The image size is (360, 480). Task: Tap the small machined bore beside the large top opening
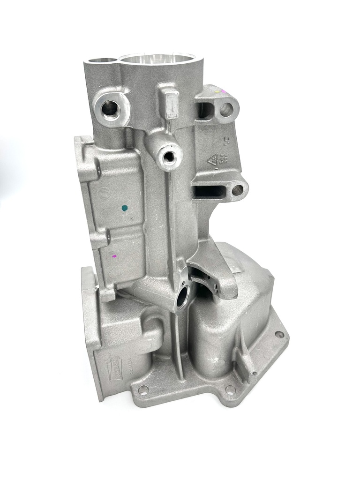click(103, 61)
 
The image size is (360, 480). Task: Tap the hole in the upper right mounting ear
click(226, 110)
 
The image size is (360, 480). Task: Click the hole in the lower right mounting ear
click(238, 190)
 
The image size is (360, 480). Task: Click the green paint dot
click(124, 207)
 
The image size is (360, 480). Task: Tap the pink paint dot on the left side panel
click(113, 256)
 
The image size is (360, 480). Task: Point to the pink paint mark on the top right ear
click(223, 90)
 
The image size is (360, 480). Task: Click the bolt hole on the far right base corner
click(279, 335)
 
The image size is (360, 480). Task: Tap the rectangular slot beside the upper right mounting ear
click(205, 111)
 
